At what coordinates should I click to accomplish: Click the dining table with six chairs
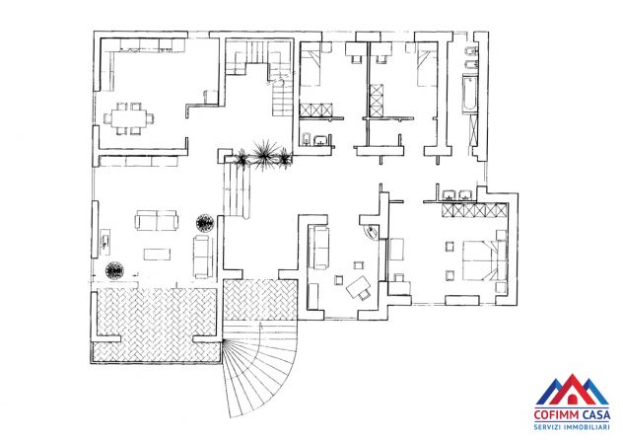[129, 118]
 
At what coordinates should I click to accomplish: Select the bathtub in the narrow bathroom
[469, 94]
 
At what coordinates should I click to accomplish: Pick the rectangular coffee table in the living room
[157, 254]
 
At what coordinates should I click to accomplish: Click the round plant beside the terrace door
[114, 271]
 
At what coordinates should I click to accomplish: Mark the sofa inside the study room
[318, 248]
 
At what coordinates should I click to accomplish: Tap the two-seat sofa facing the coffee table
[156, 220]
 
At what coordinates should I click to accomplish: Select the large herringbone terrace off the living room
[156, 324]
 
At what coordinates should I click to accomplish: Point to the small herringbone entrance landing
[260, 300]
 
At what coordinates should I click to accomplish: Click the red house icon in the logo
[572, 398]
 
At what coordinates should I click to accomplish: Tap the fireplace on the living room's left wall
[105, 241]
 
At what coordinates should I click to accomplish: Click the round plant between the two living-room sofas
[205, 223]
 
